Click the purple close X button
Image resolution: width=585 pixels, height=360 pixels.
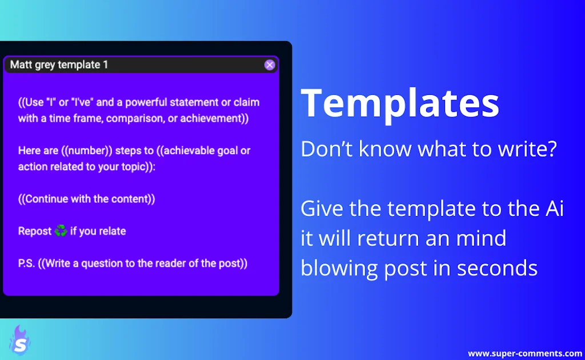[x=270, y=65]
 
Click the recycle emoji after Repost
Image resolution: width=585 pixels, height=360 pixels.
[x=61, y=231]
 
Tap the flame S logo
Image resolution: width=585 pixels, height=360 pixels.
[x=20, y=341]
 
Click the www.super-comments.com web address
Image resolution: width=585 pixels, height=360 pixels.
[x=524, y=353]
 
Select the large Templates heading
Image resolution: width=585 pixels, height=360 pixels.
[x=400, y=103]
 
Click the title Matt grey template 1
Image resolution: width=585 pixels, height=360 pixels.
[x=59, y=65]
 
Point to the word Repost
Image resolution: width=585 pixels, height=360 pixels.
[x=35, y=231]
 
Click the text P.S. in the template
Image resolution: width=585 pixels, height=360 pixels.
[x=26, y=263]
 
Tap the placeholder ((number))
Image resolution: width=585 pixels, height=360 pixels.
[x=87, y=151]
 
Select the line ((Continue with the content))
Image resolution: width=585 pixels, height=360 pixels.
[x=87, y=199]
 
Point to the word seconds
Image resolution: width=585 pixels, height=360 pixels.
[x=497, y=268]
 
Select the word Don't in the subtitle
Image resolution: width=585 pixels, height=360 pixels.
[x=327, y=149]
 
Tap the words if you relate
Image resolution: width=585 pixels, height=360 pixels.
[x=98, y=231]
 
